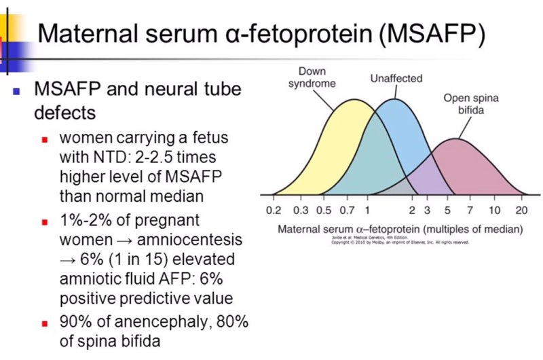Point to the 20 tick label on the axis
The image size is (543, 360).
click(x=522, y=210)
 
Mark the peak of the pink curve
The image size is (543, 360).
click(x=456, y=140)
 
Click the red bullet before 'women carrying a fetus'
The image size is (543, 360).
click(x=45, y=139)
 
